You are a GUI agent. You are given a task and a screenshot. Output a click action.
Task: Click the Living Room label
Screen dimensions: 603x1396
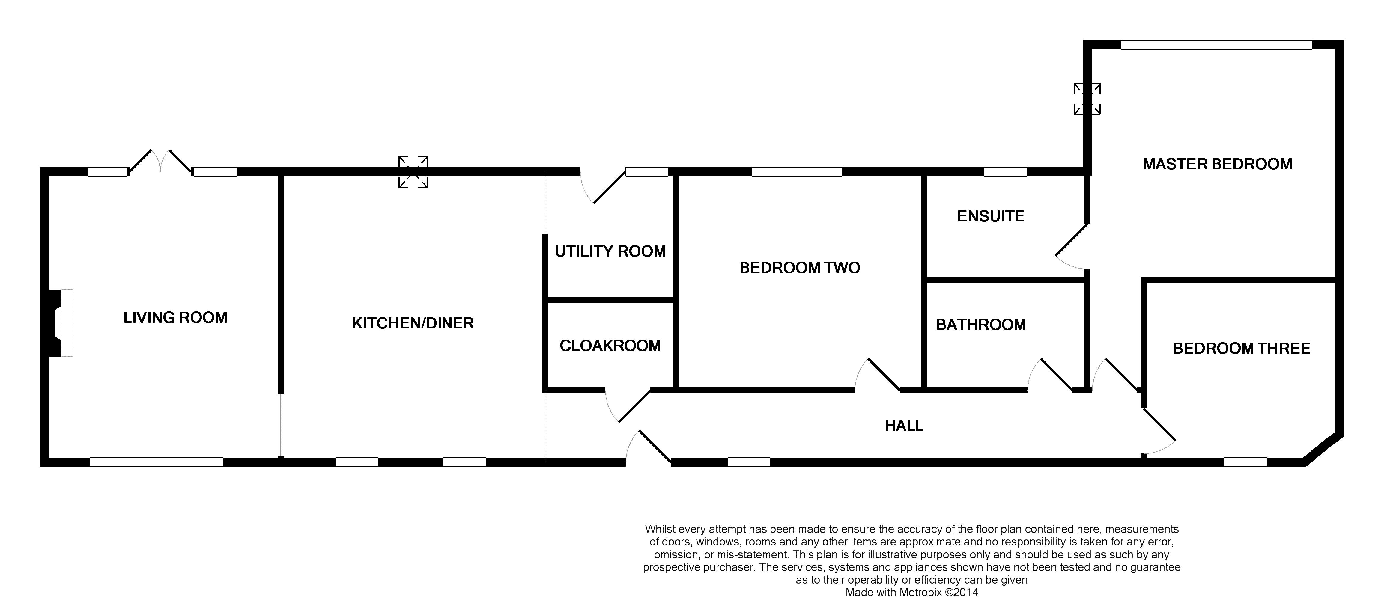(175, 317)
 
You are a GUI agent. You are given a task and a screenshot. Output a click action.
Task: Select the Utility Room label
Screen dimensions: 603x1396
(610, 251)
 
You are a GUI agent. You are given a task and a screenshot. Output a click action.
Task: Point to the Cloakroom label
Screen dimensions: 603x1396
(610, 346)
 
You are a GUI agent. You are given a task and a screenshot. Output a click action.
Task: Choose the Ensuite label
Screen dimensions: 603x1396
(991, 216)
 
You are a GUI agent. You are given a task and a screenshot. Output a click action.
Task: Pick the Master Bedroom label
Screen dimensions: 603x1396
(1217, 164)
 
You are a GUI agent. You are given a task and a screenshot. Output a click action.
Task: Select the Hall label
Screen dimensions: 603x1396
(904, 426)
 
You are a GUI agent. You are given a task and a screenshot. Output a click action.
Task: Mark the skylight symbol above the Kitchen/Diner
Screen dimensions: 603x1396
(413, 172)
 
